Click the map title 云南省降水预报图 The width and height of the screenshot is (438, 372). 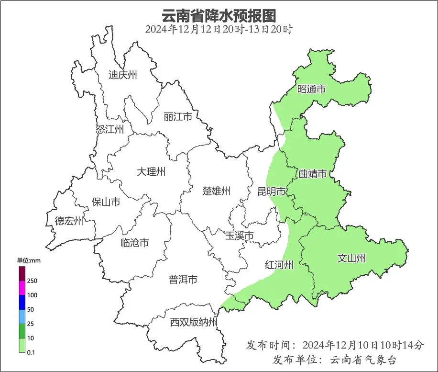219,15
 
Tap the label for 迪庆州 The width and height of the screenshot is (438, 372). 123,75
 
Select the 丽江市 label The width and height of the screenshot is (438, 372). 177,117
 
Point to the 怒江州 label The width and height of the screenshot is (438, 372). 109,129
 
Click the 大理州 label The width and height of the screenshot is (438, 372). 151,171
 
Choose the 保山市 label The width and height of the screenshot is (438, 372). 106,202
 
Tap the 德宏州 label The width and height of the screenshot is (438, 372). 69,221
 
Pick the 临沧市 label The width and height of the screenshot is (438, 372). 134,243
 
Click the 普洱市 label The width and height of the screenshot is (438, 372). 183,280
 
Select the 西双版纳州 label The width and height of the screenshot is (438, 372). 194,322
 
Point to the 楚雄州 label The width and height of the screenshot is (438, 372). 216,192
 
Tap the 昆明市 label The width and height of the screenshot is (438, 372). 272,192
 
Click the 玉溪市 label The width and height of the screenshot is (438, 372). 239,236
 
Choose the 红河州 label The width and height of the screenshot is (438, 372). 279,265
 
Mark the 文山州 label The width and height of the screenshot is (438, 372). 351,259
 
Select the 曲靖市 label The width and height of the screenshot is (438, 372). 313,173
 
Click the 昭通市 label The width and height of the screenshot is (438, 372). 311,89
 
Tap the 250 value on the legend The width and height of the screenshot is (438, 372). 33,281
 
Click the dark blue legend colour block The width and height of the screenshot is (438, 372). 22,302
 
